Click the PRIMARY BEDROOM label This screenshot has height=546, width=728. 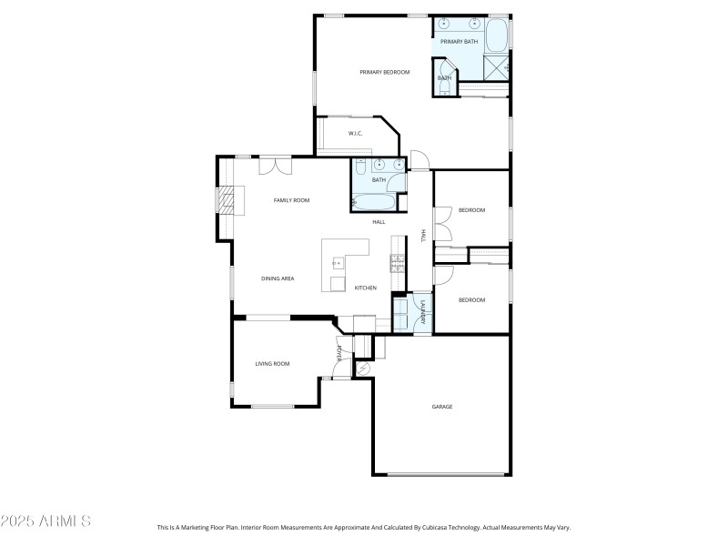384,72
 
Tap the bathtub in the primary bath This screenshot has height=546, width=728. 497,36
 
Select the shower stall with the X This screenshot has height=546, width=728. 496,67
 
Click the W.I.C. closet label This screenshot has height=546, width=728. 356,134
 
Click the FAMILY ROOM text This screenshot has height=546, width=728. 293,199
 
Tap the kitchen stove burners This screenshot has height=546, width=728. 398,264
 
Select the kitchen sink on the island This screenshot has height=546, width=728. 337,263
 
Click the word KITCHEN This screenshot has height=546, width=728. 366,288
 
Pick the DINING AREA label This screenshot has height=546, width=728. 278,278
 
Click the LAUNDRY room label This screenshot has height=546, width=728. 423,314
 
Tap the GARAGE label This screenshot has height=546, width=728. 442,407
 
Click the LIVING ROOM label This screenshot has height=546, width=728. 272,363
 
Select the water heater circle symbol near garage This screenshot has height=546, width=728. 362,369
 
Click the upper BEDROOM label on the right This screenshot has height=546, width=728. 471,210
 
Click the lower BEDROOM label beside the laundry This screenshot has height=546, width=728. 471,299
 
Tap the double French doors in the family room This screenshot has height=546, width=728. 275,166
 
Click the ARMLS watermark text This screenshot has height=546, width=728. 45,521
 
